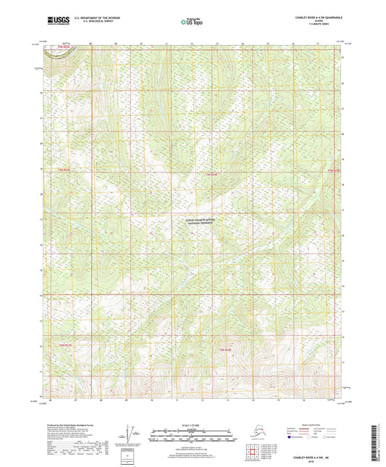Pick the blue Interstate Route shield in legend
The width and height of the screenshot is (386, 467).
[290, 437]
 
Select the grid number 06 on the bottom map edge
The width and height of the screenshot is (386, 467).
[51, 400]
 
